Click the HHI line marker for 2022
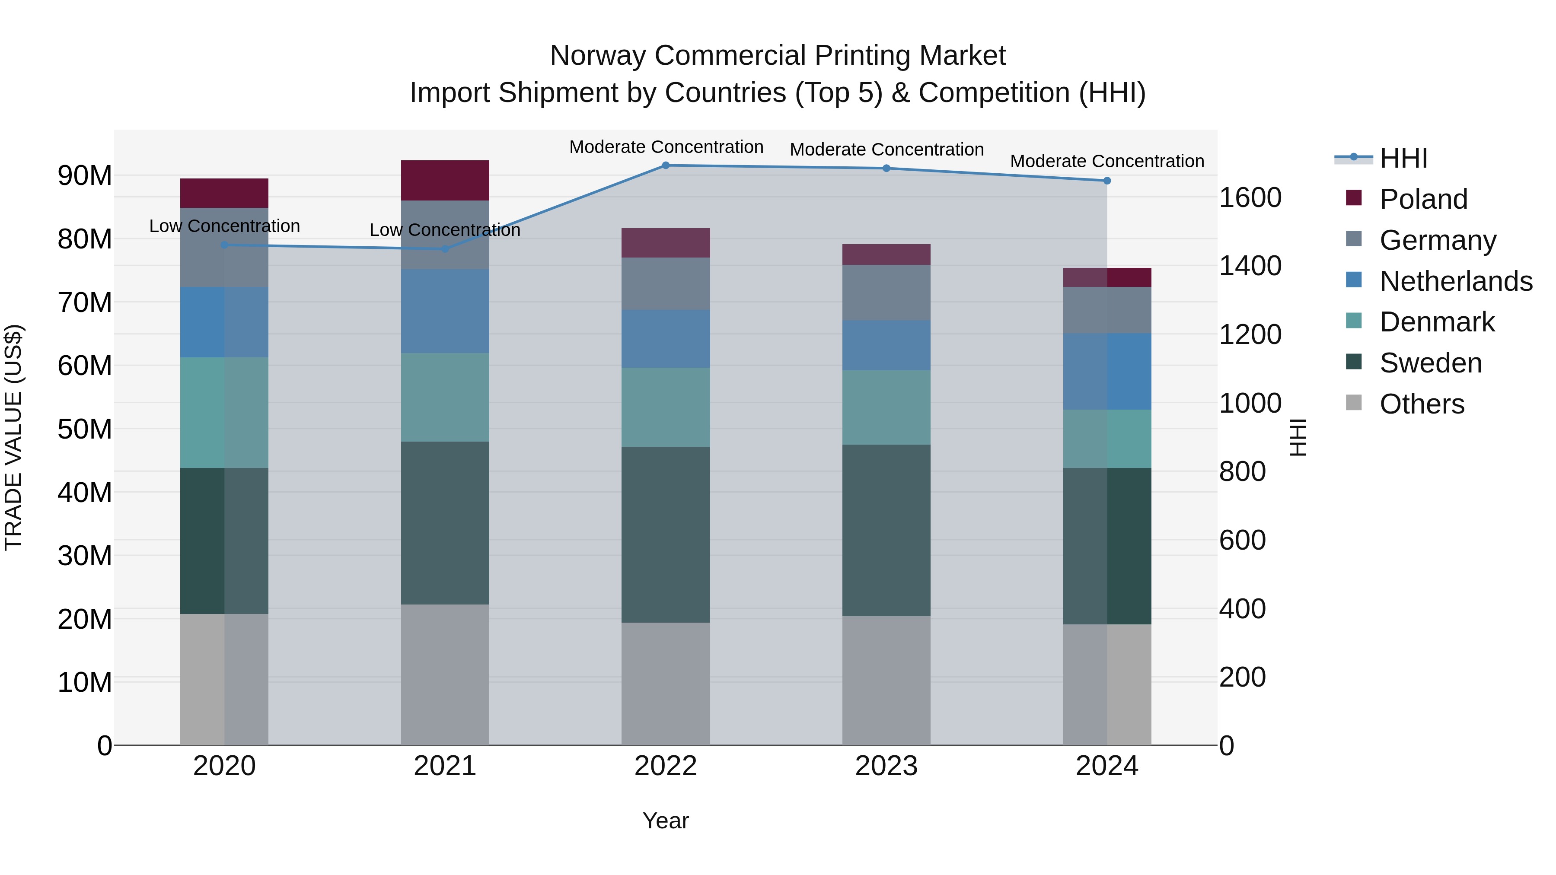(x=666, y=165)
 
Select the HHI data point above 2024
(x=1106, y=181)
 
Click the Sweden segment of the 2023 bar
(x=886, y=530)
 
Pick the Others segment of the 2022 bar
(x=666, y=684)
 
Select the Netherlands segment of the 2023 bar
(x=886, y=345)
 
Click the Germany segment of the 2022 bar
(x=666, y=284)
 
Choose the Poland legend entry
(x=1423, y=199)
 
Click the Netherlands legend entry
(x=1456, y=281)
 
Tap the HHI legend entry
(x=1403, y=158)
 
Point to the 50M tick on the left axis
(x=85, y=430)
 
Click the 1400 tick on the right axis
(x=1250, y=266)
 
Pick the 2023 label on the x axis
(x=886, y=766)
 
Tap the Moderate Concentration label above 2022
(x=666, y=147)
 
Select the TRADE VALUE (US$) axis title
(x=13, y=437)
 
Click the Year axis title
(x=665, y=821)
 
